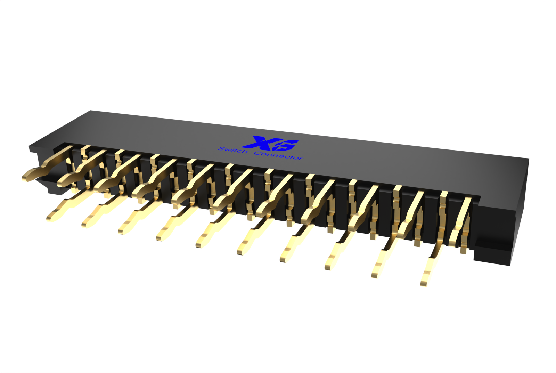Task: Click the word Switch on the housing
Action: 233,150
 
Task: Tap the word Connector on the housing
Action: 278,155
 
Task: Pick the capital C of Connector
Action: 257,153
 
